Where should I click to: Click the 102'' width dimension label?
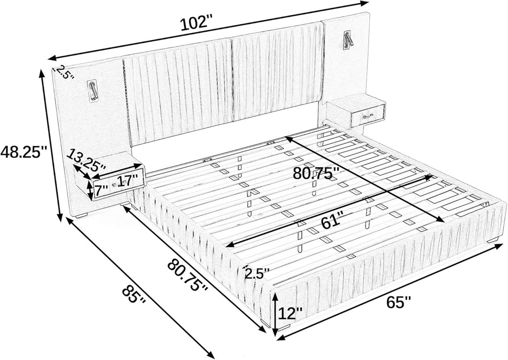point(196,23)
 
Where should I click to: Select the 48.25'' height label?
point(24,152)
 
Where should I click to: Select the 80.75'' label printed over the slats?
point(316,173)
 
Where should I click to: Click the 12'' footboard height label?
point(291,312)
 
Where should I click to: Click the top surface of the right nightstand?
point(350,103)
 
